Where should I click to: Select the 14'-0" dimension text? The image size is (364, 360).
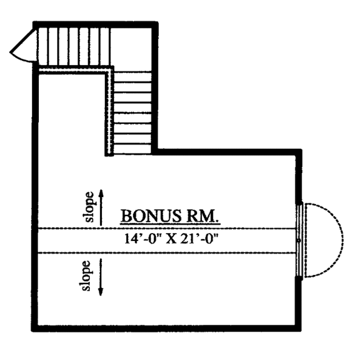click(x=140, y=239)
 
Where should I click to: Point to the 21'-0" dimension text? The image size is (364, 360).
click(x=198, y=239)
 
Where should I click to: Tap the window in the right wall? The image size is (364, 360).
click(x=299, y=240)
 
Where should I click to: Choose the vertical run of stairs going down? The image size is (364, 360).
click(x=132, y=112)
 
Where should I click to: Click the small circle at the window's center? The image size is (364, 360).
click(x=299, y=240)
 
